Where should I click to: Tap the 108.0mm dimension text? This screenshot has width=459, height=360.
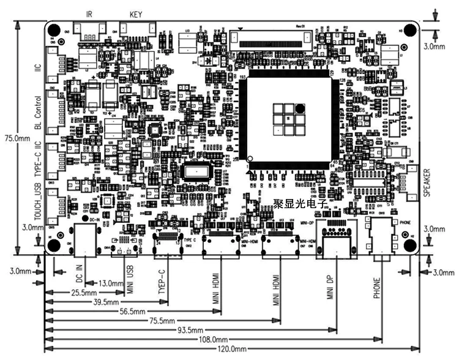(x=214, y=339)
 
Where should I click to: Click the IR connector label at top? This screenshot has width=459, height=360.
(x=89, y=13)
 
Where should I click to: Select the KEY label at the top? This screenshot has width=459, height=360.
(x=136, y=13)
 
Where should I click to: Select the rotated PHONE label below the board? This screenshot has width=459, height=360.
(x=376, y=288)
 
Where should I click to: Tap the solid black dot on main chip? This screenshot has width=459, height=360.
(x=300, y=108)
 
